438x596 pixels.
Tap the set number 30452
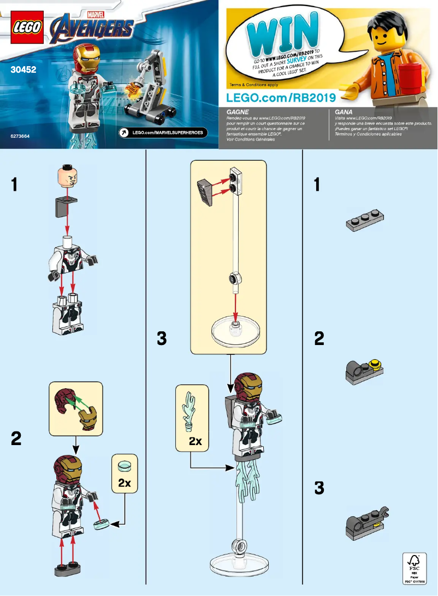pyautogui.click(x=20, y=70)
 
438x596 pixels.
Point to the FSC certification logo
pyautogui.click(x=413, y=569)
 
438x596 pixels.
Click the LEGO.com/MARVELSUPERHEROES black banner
pyautogui.click(x=162, y=132)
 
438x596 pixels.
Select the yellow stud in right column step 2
pyautogui.click(x=375, y=363)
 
